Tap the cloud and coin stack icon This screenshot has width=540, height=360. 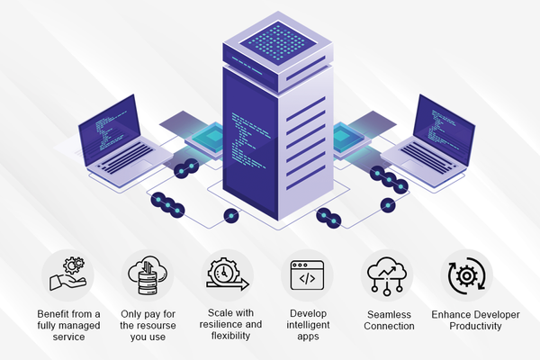click(x=145, y=272)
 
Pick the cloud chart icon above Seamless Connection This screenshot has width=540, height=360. click(x=385, y=272)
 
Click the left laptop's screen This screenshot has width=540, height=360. click(x=108, y=129)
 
